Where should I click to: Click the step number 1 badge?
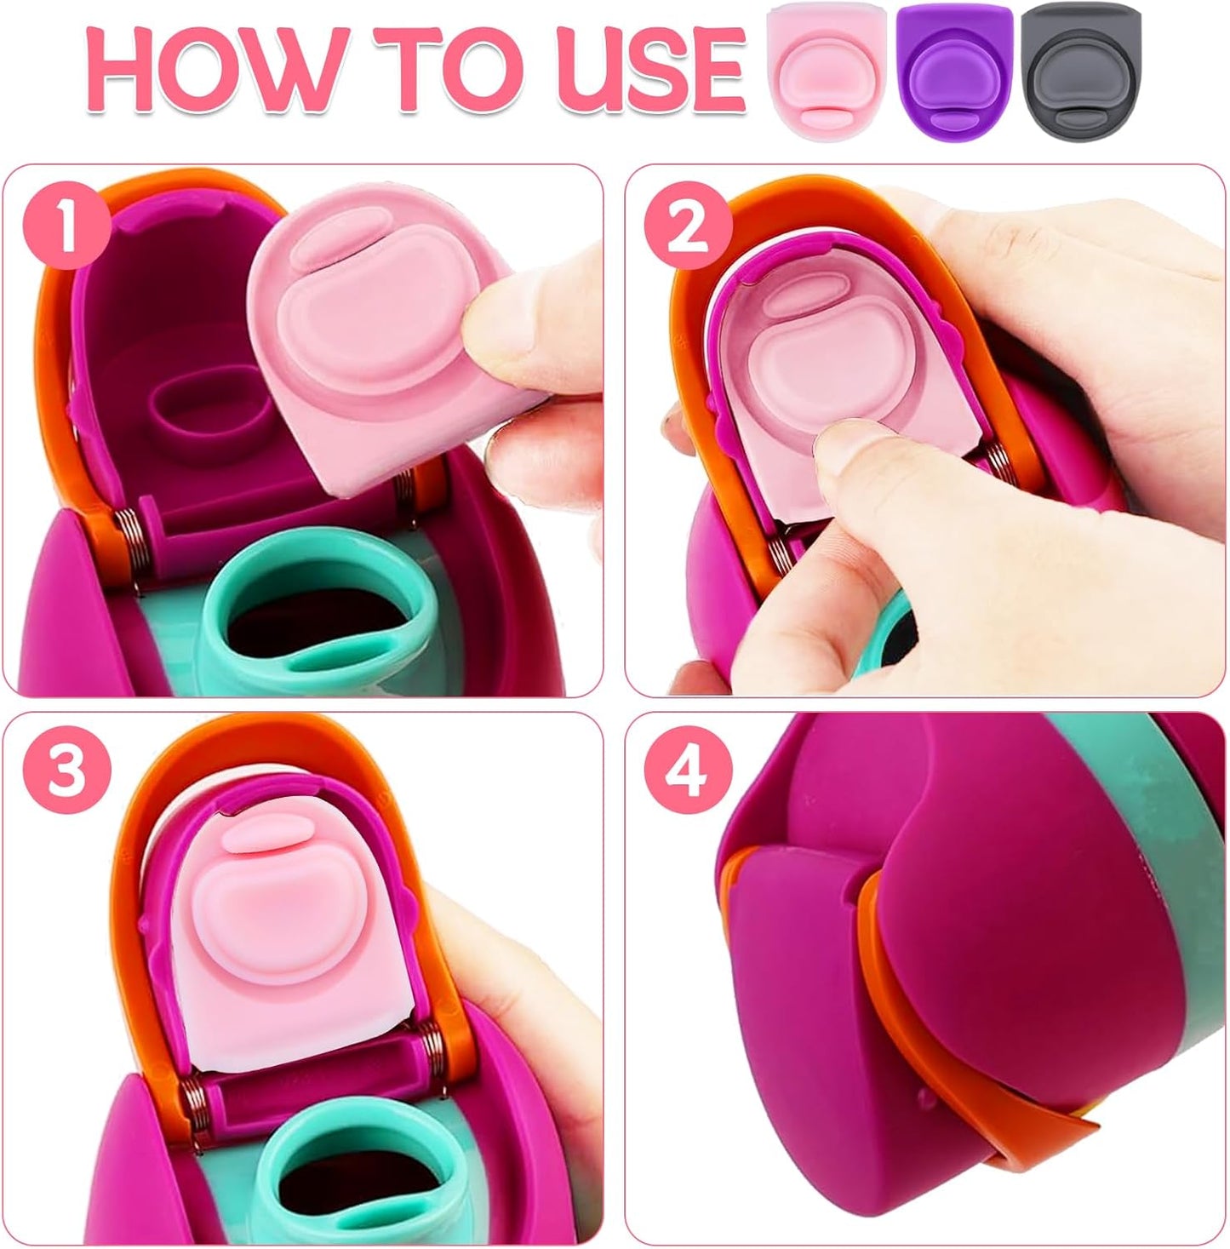click(x=66, y=228)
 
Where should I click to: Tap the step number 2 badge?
click(x=689, y=228)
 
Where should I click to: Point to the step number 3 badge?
click(x=66, y=772)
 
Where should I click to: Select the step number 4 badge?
click(x=689, y=772)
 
